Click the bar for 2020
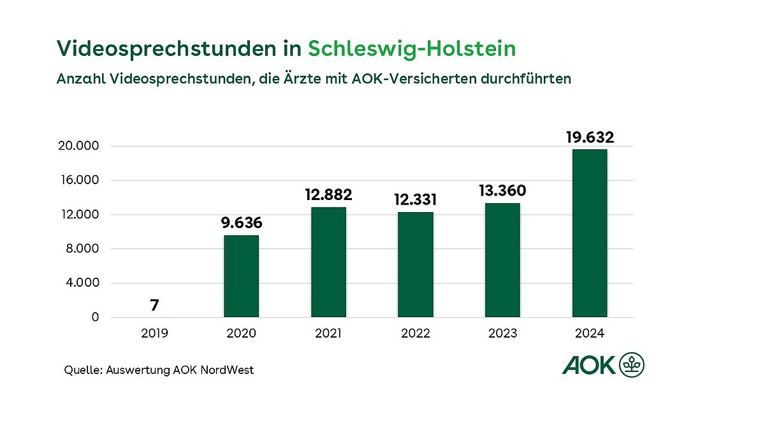pyautogui.click(x=241, y=276)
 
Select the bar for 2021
pyautogui.click(x=328, y=262)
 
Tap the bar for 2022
pyautogui.click(x=416, y=264)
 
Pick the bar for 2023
pyautogui.click(x=502, y=260)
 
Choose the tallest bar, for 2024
pyautogui.click(x=590, y=233)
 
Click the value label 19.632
pyautogui.click(x=590, y=137)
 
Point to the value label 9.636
pyautogui.click(x=241, y=224)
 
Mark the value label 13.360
pyautogui.click(x=502, y=190)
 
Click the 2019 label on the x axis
pyautogui.click(x=154, y=333)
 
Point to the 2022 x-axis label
pyautogui.click(x=416, y=333)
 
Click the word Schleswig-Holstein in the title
pyautogui.click(x=412, y=49)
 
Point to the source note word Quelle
pyautogui.click(x=82, y=370)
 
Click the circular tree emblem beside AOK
pyautogui.click(x=632, y=365)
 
